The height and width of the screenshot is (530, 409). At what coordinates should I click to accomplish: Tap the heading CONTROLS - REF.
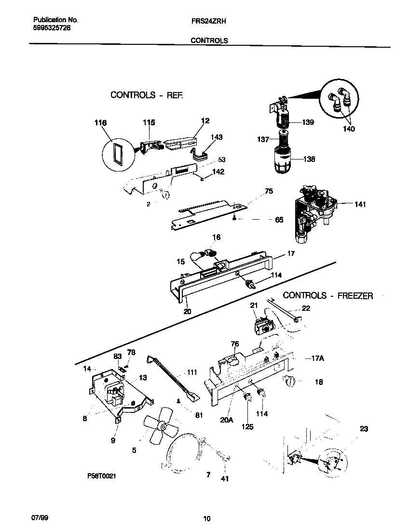pyautogui.click(x=147, y=95)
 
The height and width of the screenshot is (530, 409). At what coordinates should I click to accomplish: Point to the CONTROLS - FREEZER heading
pyautogui.click(x=327, y=296)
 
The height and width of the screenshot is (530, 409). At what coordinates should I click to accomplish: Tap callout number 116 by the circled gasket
pyautogui.click(x=100, y=123)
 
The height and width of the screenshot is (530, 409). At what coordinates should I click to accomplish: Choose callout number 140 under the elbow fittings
pyautogui.click(x=348, y=129)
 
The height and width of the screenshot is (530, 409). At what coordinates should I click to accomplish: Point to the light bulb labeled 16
pyautogui.click(x=210, y=252)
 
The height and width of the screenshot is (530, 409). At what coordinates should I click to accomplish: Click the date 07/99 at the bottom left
pyautogui.click(x=41, y=518)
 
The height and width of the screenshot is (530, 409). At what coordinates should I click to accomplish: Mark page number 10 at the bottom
pyautogui.click(x=206, y=519)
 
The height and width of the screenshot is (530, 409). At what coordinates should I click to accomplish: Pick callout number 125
pyautogui.click(x=248, y=426)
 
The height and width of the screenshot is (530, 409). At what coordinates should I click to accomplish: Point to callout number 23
pyautogui.click(x=363, y=428)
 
